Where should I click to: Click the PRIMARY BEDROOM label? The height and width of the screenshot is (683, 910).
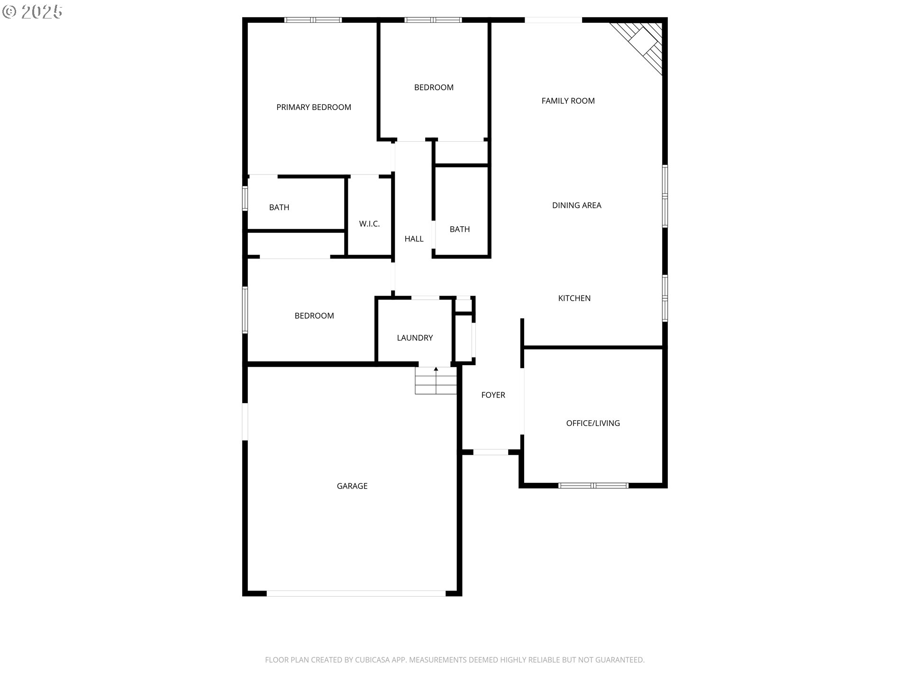(314, 107)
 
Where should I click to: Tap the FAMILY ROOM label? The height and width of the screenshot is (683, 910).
(568, 101)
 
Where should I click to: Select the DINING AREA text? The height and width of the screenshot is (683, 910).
(576, 205)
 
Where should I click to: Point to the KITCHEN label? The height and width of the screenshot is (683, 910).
(574, 298)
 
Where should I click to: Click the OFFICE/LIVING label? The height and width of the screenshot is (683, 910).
(593, 423)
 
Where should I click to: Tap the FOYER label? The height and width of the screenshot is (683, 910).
(493, 395)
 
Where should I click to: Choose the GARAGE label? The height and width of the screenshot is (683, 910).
(352, 486)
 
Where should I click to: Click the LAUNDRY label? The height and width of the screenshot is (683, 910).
(415, 338)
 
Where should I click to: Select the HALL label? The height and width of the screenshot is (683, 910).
(414, 239)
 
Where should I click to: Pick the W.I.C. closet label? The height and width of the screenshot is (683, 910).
(369, 224)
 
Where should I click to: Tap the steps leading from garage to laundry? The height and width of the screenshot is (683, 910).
(436, 381)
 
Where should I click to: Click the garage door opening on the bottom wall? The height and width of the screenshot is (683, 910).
(356, 593)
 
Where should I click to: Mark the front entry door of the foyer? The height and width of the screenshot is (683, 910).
(491, 452)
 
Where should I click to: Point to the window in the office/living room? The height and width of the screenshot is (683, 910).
(593, 485)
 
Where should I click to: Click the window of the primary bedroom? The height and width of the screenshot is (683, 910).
(313, 20)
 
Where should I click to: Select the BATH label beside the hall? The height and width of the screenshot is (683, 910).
(460, 230)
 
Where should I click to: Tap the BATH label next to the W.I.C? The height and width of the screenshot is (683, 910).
(279, 207)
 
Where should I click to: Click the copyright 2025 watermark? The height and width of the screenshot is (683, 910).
(32, 12)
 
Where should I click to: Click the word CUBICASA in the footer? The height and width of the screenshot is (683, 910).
(373, 660)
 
